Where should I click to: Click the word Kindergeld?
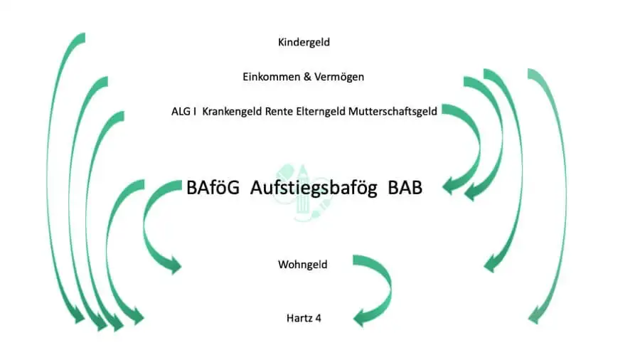point(304,43)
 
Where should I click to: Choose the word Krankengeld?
point(232,111)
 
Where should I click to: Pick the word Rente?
point(279,111)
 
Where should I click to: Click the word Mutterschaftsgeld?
point(393,111)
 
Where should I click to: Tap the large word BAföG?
point(214,189)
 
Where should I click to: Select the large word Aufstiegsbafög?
point(314,189)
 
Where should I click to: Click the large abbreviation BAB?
point(405,189)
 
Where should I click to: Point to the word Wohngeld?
point(303,265)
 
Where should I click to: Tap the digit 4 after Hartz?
point(318,318)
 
